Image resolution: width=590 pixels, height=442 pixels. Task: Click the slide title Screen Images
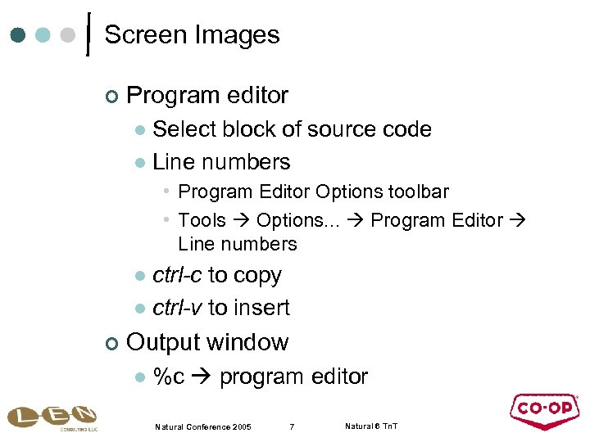click(x=192, y=35)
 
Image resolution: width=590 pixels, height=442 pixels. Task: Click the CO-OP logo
click(x=544, y=412)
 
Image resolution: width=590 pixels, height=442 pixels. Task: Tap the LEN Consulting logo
click(x=52, y=417)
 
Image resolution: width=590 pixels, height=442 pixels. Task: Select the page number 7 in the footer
click(x=292, y=426)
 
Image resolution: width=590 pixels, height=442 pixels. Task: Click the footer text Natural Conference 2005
click(x=203, y=426)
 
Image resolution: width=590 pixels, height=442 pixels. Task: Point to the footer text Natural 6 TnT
click(x=371, y=426)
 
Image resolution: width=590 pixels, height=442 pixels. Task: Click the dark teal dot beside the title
click(x=19, y=36)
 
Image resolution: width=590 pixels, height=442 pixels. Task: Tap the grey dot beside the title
click(x=69, y=36)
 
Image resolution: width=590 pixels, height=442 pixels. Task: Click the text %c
click(x=169, y=377)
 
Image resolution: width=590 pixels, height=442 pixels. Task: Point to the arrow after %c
click(x=202, y=377)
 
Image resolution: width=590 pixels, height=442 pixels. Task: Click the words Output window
click(x=207, y=342)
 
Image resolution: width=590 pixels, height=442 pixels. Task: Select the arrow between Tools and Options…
click(x=242, y=221)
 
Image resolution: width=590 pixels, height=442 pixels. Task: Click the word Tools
click(x=202, y=220)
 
